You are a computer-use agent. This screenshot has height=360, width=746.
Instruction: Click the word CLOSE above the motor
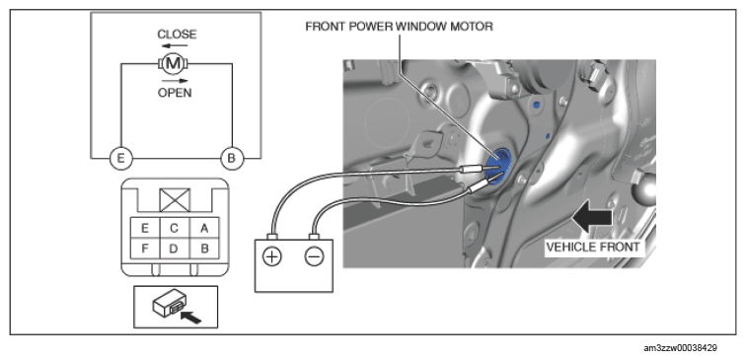tap(177, 35)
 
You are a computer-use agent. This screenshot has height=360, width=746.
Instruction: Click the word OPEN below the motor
tap(175, 93)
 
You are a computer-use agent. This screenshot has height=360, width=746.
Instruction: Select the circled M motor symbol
tap(173, 63)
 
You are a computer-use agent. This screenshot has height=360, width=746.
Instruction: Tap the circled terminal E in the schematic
tap(120, 159)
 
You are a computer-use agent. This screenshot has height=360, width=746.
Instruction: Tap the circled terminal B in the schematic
tap(232, 159)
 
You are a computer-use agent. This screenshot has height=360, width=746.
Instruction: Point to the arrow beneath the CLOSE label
tap(174, 46)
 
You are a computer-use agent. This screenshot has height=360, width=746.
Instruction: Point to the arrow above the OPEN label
tap(174, 81)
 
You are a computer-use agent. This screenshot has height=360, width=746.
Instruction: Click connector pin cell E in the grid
tap(145, 228)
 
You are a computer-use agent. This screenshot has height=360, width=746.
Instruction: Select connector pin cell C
tap(174, 228)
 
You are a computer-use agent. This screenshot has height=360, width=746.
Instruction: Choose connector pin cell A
tap(204, 228)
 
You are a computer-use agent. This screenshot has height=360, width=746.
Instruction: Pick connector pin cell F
tap(145, 249)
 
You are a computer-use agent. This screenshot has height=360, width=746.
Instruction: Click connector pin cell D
tap(174, 249)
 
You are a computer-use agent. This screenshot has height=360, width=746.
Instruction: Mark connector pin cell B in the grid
tap(204, 249)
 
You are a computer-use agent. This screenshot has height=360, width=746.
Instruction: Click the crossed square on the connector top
tap(175, 200)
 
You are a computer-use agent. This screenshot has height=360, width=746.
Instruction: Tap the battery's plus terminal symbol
tap(272, 257)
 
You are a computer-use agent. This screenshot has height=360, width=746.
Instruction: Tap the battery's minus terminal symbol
tap(314, 257)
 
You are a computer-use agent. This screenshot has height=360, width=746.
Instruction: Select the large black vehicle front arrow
tap(592, 217)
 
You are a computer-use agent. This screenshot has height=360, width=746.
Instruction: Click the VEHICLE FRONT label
tap(592, 247)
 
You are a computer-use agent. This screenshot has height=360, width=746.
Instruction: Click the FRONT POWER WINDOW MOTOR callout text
tap(399, 27)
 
